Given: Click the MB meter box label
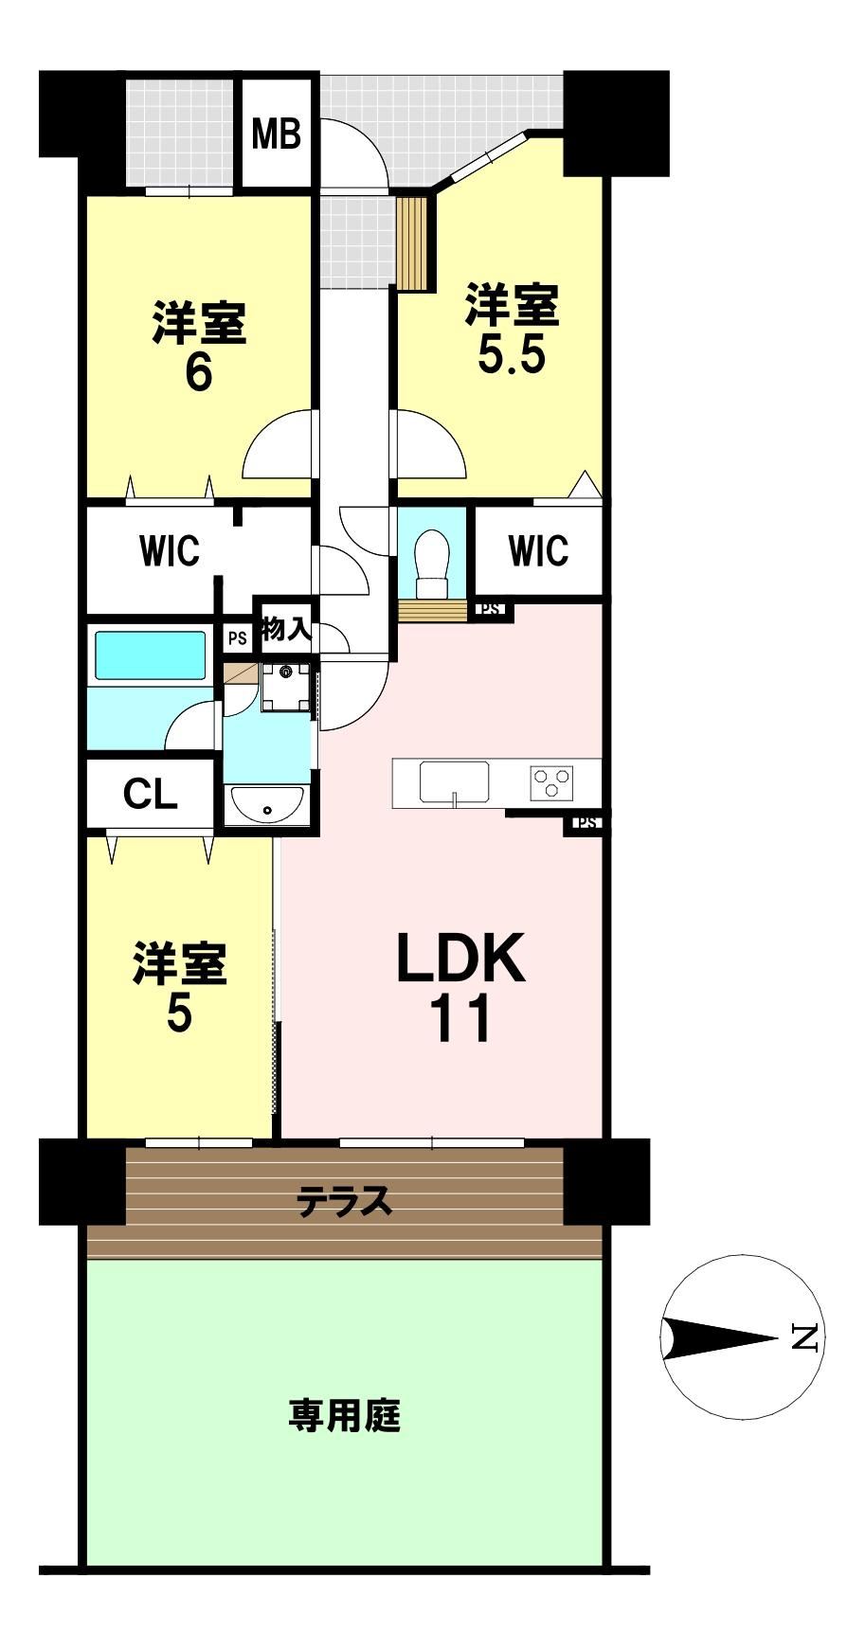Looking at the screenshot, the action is click(x=276, y=134).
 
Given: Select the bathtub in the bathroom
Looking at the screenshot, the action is click(x=149, y=655).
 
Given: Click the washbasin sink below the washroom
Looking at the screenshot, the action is click(x=266, y=806).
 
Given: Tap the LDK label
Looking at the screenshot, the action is click(x=460, y=958).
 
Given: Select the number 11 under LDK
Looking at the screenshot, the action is click(x=461, y=1017).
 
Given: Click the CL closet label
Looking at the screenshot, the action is click(x=150, y=794).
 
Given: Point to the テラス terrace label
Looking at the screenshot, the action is click(x=344, y=1201).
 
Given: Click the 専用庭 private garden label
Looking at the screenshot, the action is click(x=345, y=1417).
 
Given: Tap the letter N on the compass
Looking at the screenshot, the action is click(x=804, y=1337).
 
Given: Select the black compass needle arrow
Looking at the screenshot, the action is click(x=721, y=1338).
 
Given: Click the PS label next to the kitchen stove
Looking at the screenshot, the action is click(x=587, y=822).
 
